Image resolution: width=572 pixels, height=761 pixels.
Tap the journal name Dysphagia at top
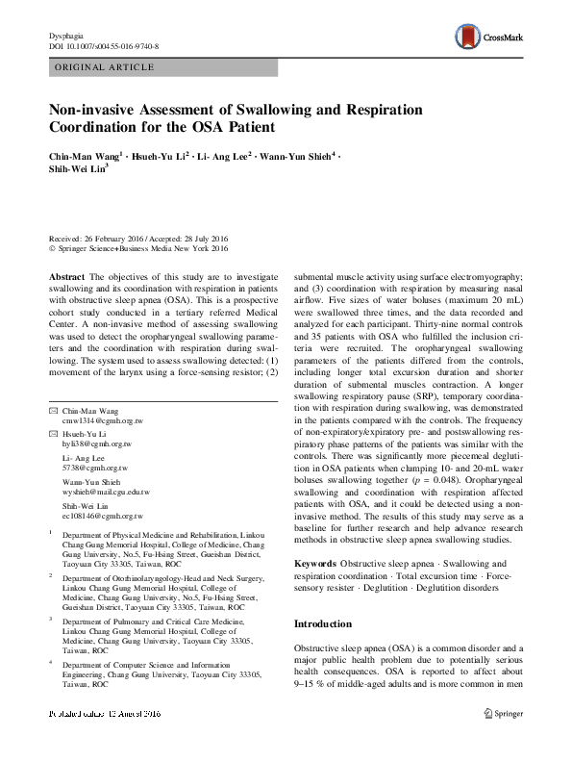pos(66,36)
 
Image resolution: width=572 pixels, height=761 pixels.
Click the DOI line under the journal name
pos(104,46)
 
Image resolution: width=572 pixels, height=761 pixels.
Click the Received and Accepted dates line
pos(138,240)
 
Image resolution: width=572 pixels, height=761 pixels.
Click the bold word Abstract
pos(67,276)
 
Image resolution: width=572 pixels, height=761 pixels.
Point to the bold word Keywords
pos(315,562)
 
